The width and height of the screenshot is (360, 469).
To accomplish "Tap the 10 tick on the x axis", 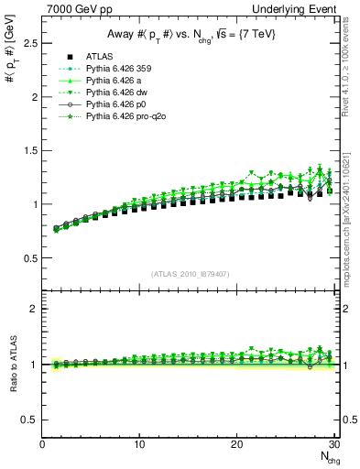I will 139,445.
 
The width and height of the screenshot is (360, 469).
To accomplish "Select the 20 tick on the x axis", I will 236,445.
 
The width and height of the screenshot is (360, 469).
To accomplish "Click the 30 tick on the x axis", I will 333,445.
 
